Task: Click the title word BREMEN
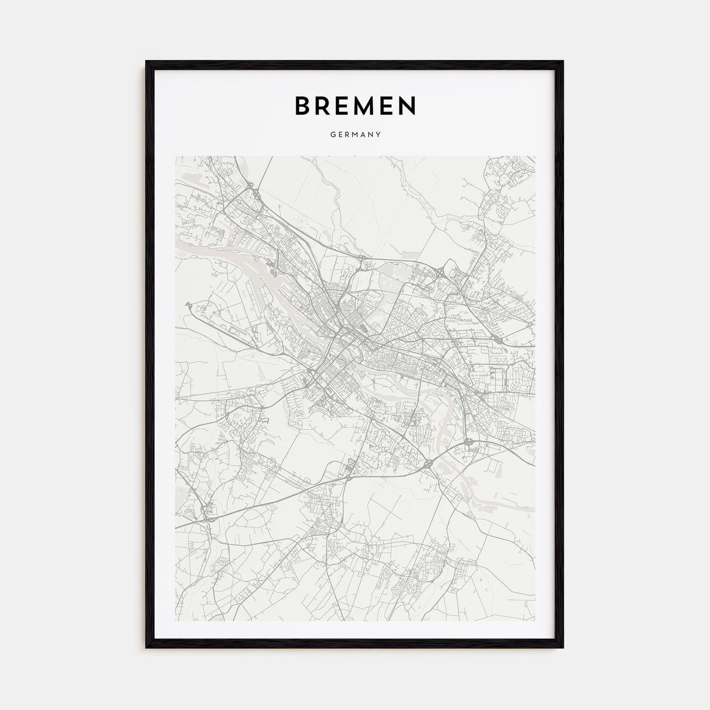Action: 355,105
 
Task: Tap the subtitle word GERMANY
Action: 355,135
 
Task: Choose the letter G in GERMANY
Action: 332,135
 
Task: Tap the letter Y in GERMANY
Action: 379,135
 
